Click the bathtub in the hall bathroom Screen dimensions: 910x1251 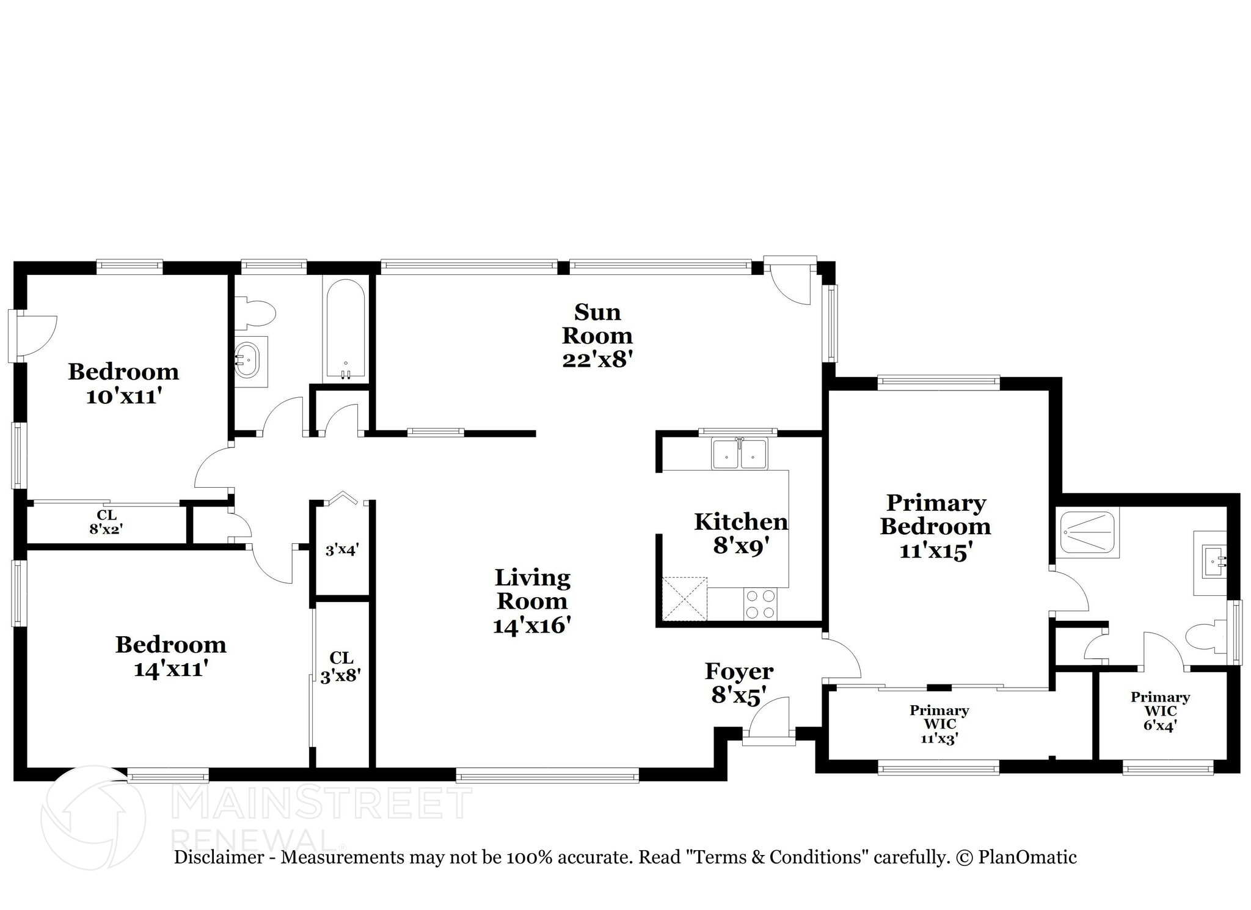(x=345, y=329)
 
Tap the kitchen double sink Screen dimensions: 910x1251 (x=739, y=454)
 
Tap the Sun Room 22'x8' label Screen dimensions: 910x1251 (x=597, y=336)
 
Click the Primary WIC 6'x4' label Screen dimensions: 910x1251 (x=1160, y=711)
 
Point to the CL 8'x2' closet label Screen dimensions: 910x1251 (x=106, y=522)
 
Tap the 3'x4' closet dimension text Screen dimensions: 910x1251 (x=341, y=550)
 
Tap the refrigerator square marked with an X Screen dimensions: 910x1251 (x=684, y=599)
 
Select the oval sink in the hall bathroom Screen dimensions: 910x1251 (x=247, y=361)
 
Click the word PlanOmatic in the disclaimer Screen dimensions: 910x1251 (x=1027, y=857)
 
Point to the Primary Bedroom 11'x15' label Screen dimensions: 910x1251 (x=935, y=526)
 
